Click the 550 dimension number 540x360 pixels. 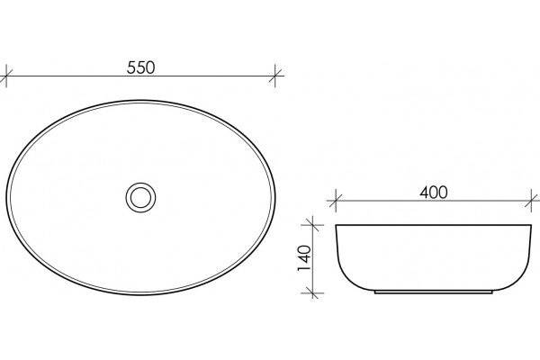[140, 67]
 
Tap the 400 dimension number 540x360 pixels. [434, 193]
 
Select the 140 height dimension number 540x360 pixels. [304, 258]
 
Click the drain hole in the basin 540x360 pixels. [140, 197]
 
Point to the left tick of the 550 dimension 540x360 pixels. [6, 76]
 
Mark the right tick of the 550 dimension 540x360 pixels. [275, 76]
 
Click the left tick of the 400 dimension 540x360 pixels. [336, 202]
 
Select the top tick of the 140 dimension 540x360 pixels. [312, 225]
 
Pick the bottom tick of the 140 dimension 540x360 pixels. [312, 293]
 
